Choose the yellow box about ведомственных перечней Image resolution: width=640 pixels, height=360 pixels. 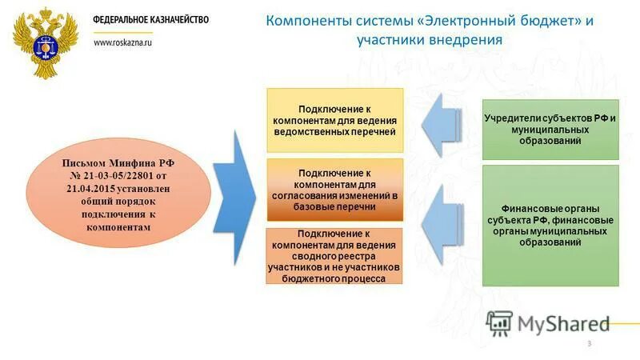click(334, 120)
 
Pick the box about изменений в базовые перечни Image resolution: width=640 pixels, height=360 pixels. click(334, 190)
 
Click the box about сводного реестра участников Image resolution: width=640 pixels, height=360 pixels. click(334, 255)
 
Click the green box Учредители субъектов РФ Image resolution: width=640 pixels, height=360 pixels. click(550, 128)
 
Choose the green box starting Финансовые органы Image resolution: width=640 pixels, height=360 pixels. click(550, 225)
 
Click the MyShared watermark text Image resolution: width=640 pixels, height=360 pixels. click(563, 323)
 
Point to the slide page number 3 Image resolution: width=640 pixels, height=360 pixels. click(590, 344)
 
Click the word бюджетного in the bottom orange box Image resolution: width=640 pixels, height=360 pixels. click(313, 278)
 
